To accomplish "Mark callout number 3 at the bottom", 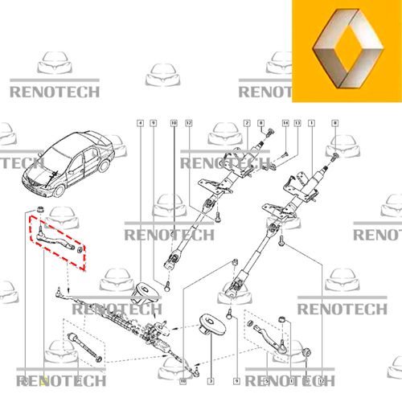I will tap(211, 379).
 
